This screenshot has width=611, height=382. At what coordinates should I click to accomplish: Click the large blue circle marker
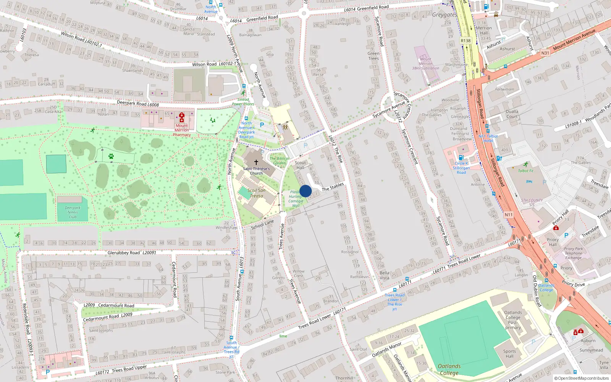(305, 191)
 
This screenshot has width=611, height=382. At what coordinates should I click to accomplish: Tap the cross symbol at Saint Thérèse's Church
(256, 162)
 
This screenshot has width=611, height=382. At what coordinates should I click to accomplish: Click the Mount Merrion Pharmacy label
(182, 130)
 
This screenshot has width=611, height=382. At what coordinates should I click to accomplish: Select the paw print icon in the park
(111, 156)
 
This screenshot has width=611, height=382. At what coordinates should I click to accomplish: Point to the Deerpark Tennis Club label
(73, 212)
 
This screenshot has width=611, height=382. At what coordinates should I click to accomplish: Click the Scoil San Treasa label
(257, 193)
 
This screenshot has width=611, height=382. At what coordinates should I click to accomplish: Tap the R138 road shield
(466, 41)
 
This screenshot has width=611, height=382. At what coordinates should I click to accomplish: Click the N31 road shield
(545, 53)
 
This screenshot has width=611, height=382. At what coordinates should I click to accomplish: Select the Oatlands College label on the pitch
(449, 369)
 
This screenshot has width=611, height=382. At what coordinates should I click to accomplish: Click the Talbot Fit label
(526, 171)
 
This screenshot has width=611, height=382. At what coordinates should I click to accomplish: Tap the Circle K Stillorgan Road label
(461, 168)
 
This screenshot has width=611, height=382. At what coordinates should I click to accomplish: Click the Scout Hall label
(301, 165)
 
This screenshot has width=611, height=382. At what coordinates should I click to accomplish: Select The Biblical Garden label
(280, 160)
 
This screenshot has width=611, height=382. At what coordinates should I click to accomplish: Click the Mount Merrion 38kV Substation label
(425, 64)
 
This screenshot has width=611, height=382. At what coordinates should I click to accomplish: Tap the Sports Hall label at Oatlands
(509, 354)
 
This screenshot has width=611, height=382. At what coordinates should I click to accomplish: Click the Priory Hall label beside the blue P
(553, 242)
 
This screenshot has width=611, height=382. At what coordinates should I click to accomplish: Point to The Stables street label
(333, 187)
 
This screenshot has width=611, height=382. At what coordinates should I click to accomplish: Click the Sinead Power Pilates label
(243, 102)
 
